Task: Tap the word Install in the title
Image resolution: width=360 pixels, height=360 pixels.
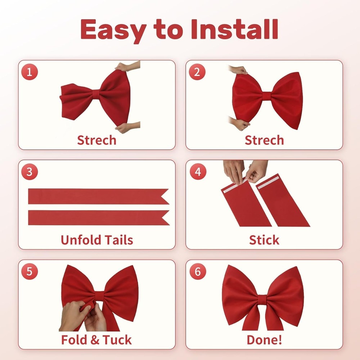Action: [x=235, y=30]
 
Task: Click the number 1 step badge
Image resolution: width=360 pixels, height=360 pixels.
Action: [x=30, y=72]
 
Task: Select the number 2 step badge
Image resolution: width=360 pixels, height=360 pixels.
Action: [x=197, y=72]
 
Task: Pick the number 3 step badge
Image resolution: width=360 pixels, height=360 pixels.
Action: [x=30, y=171]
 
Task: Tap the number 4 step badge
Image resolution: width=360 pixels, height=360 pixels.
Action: [x=198, y=171]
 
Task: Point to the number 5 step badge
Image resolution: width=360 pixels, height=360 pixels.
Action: [x=30, y=271]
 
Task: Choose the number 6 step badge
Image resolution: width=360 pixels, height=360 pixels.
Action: [x=198, y=271]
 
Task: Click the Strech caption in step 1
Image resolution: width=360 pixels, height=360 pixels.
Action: [x=96, y=140]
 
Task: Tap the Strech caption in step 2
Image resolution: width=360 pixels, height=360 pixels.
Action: [x=264, y=140]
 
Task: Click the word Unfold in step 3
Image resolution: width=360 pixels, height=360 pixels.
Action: [x=77, y=240]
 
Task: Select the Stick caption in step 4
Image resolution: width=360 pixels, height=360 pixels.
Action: [x=264, y=240]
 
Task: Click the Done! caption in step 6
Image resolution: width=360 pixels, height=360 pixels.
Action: [x=264, y=340]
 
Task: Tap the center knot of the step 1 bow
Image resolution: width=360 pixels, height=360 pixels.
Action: [x=96, y=94]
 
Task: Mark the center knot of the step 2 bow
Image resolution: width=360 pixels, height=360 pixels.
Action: [x=266, y=96]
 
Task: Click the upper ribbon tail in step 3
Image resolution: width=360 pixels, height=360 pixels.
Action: [x=99, y=197]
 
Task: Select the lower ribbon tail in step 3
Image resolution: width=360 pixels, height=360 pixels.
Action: [x=99, y=218]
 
